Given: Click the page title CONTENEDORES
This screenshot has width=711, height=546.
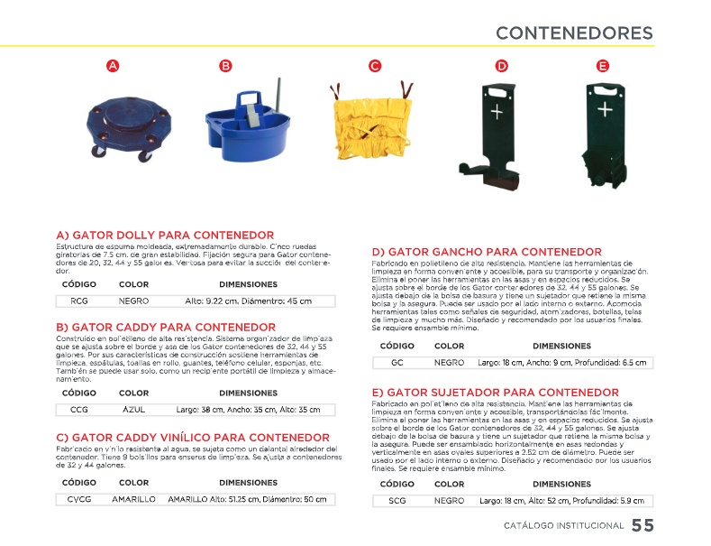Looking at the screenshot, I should point(574,33).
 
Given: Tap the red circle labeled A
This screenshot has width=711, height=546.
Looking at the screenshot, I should point(112,66).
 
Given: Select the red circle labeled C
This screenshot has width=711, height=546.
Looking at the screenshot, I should point(375,66).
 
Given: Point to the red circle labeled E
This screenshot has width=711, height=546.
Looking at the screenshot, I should point(603,66).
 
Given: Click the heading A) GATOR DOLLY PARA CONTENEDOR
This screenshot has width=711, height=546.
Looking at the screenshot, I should point(165,236).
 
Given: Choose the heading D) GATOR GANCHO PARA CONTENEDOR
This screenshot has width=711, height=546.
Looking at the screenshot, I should point(487,252).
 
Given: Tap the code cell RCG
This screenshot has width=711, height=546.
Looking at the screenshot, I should point(79,301).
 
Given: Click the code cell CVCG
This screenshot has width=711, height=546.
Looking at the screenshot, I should point(79,499).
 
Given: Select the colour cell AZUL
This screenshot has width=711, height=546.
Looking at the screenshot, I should point(133,410).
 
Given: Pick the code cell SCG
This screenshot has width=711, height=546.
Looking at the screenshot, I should point(397,500).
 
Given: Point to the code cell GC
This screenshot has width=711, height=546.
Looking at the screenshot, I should point(397,363).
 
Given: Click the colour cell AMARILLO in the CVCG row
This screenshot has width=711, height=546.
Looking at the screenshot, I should point(134,499).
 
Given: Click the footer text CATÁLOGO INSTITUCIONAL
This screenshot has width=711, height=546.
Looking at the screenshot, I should point(563,526).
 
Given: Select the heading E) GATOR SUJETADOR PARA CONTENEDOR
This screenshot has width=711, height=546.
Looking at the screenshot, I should point(496,393).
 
